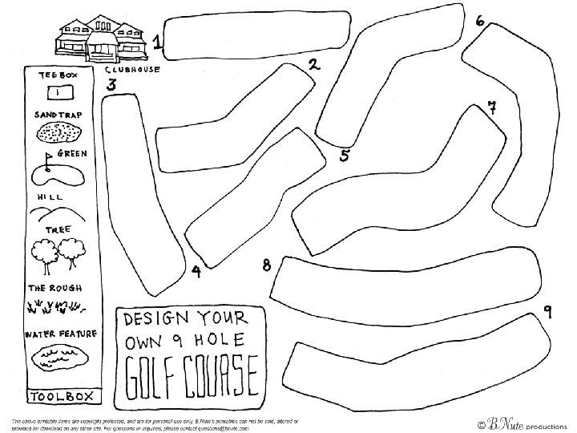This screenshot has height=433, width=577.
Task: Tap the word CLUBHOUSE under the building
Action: (134, 70)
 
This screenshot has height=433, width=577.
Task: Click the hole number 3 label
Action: (111, 84)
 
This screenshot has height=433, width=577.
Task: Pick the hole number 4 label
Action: (196, 271)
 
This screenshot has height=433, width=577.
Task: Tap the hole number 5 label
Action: (344, 155)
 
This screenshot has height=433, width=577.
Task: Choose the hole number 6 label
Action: (479, 21)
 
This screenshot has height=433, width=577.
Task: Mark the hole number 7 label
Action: (492, 108)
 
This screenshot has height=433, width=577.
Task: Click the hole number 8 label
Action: (266, 265)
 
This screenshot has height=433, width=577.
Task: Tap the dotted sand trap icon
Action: (59, 132)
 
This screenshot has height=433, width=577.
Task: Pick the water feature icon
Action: (59, 355)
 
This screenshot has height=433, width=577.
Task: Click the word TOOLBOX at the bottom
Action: (61, 396)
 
